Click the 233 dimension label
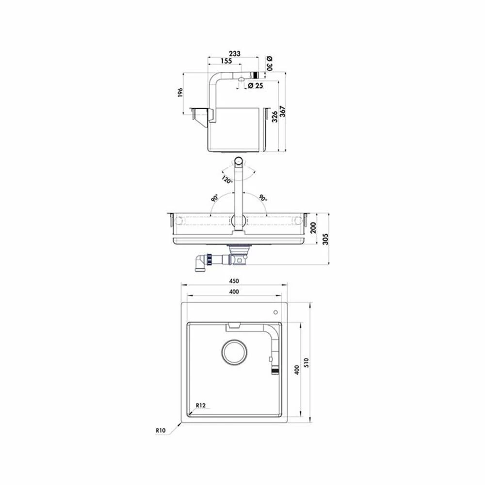pos(234,53)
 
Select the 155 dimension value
pos(226,61)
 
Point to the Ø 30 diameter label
pos(269,63)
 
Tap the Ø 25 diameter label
pos(256,85)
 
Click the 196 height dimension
pos(180,93)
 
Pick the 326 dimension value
pos(275,117)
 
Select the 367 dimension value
pos(283,112)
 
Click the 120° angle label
pos(226,179)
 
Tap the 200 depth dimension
pos(313,227)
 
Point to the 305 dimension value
pos(326,239)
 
